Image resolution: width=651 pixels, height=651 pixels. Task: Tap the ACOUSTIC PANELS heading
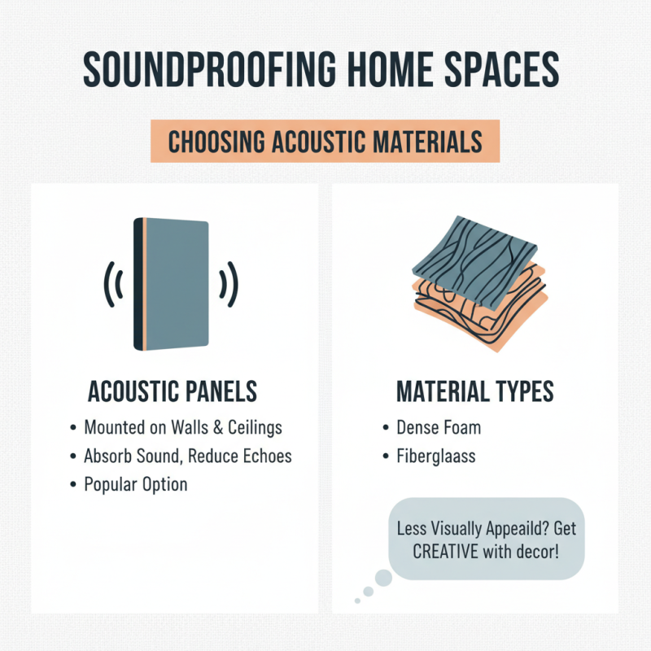pyautogui.click(x=172, y=392)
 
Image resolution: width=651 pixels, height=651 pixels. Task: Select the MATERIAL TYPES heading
pyautogui.click(x=474, y=392)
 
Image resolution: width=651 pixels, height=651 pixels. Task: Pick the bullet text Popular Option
pyautogui.click(x=135, y=484)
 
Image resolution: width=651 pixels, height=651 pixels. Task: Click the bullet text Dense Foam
pyautogui.click(x=439, y=427)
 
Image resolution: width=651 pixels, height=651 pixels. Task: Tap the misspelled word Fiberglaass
pyautogui.click(x=435, y=456)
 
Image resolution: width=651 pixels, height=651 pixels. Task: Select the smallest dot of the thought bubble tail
pyautogui.click(x=357, y=601)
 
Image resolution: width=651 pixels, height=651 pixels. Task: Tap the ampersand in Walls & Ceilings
pyautogui.click(x=216, y=427)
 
